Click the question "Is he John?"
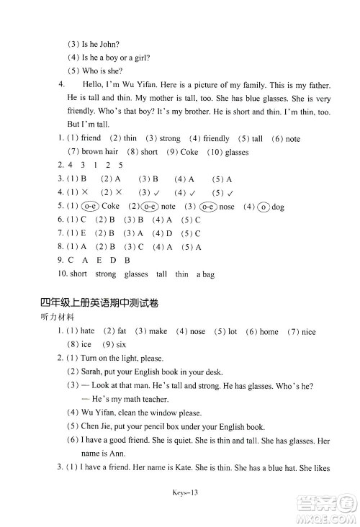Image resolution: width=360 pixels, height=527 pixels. click(99, 44)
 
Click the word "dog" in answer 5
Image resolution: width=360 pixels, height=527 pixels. click(278, 206)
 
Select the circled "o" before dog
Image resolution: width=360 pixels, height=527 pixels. click(263, 206)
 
